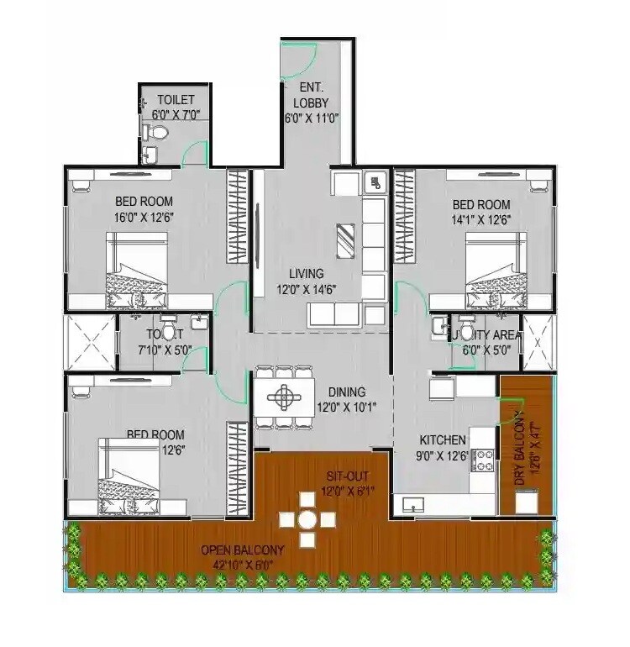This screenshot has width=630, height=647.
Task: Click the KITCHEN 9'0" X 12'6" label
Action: [443, 448]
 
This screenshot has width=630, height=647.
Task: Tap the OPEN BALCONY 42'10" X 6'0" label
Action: [242, 557]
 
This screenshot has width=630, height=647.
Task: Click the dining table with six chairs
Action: [286, 395]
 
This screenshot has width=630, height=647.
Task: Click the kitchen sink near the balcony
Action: [413, 504]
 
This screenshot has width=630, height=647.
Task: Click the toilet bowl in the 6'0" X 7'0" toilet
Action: [154, 133]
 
